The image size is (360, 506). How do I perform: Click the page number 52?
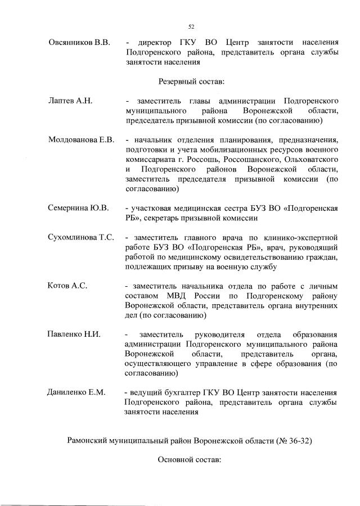pos(191,26)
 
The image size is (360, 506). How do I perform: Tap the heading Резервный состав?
pos(192,82)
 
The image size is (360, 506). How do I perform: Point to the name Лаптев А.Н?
pos(70,101)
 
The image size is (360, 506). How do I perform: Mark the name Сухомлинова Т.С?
pos(82,238)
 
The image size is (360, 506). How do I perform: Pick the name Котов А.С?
pos(68,286)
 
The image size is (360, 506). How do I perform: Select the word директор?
pos(159,43)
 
